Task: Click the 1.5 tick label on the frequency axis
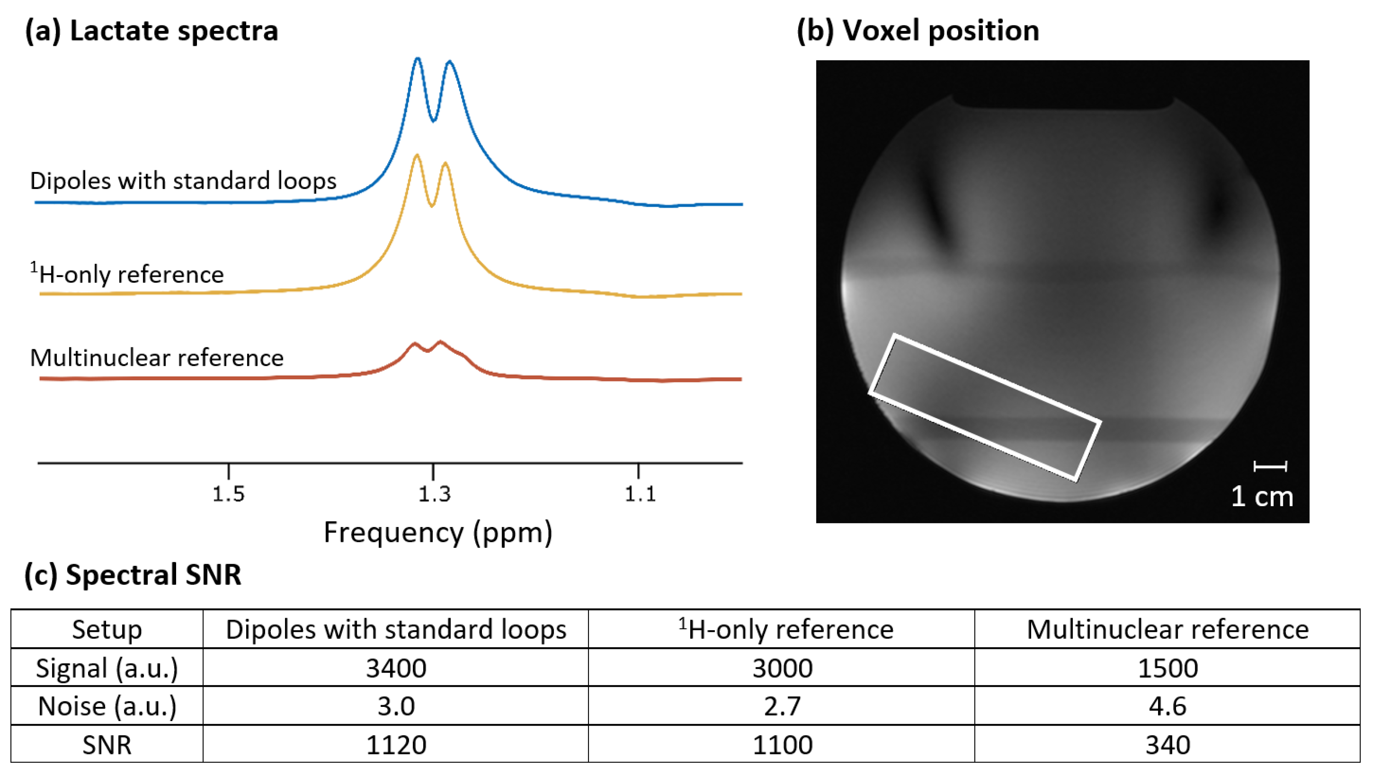pyautogui.click(x=228, y=494)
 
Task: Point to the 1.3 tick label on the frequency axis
pyautogui.click(x=434, y=494)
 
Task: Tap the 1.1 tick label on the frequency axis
pyautogui.click(x=640, y=494)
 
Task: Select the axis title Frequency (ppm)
pyautogui.click(x=438, y=532)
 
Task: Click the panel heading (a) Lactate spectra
pyautogui.click(x=151, y=30)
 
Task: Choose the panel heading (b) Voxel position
pyautogui.click(x=917, y=30)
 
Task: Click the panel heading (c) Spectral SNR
pyautogui.click(x=133, y=575)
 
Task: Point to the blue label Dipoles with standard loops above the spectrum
pyautogui.click(x=183, y=181)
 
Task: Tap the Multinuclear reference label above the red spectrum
pyautogui.click(x=156, y=358)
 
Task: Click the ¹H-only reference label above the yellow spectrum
pyautogui.click(x=127, y=274)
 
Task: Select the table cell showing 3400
pyautogui.click(x=396, y=668)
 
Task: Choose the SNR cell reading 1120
pyautogui.click(x=396, y=744)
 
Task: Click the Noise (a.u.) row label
pyautogui.click(x=107, y=706)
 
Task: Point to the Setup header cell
pyautogui.click(x=107, y=630)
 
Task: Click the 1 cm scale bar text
pyautogui.click(x=1262, y=497)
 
